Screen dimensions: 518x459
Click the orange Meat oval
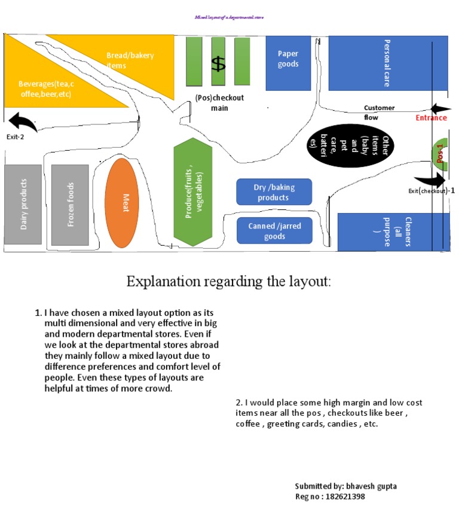(x=126, y=202)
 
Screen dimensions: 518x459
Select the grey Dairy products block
(x=23, y=205)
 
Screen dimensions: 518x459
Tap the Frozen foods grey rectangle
(x=70, y=205)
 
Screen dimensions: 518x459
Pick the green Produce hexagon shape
(x=193, y=191)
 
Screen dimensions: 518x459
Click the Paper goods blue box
(x=288, y=63)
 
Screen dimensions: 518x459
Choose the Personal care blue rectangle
(x=387, y=63)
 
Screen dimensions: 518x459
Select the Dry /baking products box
(x=274, y=192)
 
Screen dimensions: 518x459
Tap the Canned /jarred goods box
(x=274, y=230)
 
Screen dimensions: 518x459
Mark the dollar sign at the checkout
(x=219, y=63)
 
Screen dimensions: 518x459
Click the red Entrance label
(x=431, y=118)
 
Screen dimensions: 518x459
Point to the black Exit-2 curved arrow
(x=23, y=121)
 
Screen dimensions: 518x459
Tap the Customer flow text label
(x=380, y=112)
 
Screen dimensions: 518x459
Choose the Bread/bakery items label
(x=130, y=60)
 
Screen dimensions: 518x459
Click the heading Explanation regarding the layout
(x=228, y=281)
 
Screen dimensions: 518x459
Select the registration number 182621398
(x=344, y=496)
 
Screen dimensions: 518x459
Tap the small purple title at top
(x=229, y=17)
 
